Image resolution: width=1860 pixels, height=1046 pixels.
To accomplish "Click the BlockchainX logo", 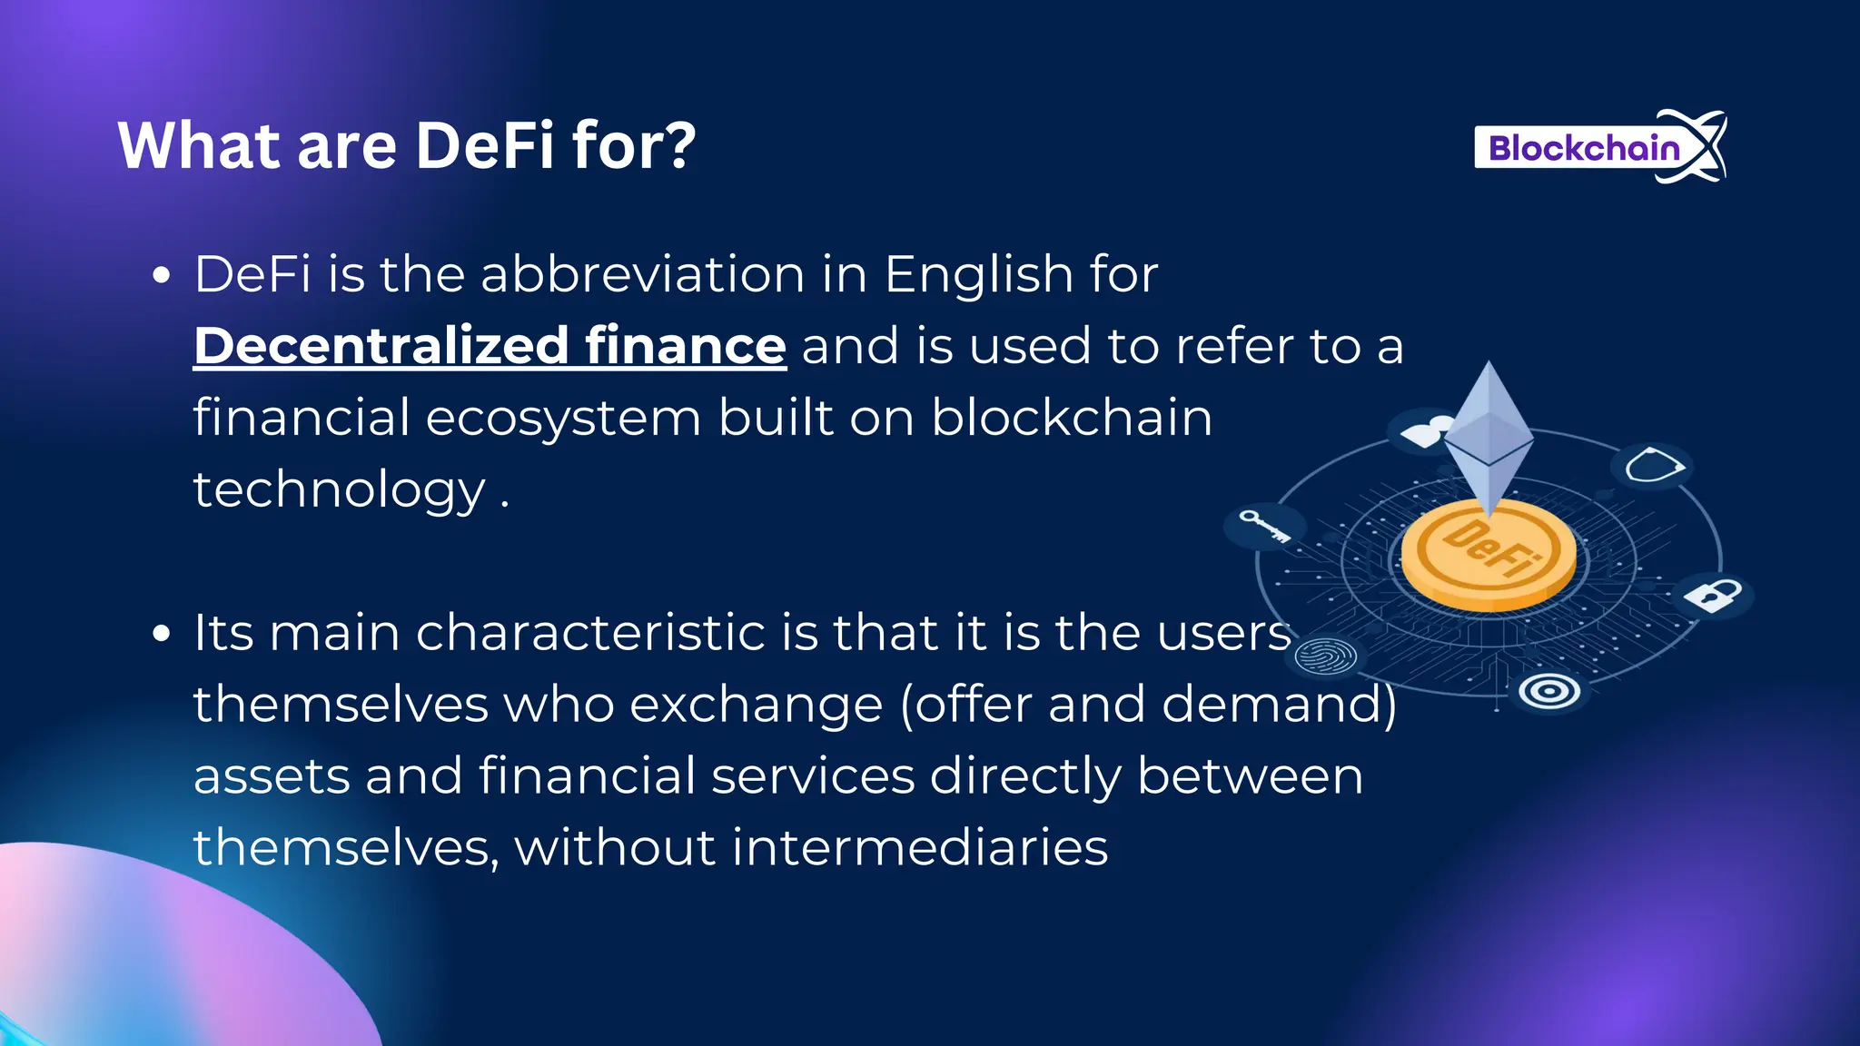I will (x=1598, y=147).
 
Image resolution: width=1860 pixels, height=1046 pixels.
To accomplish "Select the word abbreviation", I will (x=642, y=274).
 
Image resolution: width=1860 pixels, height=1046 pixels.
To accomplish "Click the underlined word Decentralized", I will (x=381, y=346).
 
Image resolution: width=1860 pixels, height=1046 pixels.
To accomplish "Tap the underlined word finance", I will (x=685, y=346).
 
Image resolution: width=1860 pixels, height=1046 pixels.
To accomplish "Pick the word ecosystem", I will (x=563, y=419).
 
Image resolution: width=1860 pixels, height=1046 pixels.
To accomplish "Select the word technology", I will (x=340, y=491).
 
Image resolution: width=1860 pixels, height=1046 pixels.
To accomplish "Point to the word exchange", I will (x=756, y=704).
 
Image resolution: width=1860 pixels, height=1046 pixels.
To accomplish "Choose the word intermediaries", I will (x=919, y=847).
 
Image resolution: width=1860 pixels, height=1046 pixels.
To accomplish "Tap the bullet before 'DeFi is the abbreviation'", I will (x=162, y=275).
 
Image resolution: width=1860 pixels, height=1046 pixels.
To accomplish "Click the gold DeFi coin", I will (x=1489, y=554).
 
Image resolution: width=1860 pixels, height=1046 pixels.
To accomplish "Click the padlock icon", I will (x=1713, y=596).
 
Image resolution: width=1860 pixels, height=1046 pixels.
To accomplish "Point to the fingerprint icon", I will (x=1325, y=656).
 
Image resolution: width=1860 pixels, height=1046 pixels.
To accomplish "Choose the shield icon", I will (x=1652, y=467).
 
